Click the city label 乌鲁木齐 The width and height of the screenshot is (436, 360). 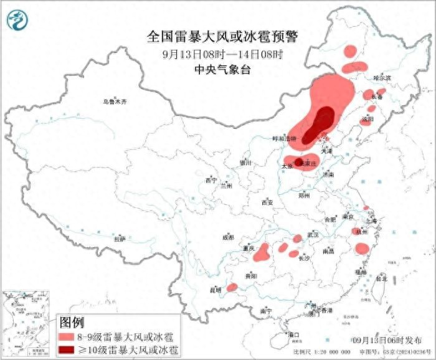click(115, 102)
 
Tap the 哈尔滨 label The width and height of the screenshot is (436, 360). click(382, 78)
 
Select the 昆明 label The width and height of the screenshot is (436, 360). click(215, 290)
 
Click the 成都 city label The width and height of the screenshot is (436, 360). click(228, 237)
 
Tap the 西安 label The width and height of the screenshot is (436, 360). click(267, 202)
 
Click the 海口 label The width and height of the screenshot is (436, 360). click(294, 334)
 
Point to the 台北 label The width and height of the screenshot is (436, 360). click(380, 279)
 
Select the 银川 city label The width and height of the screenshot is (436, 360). click(245, 163)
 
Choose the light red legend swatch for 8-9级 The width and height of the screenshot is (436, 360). click(65, 336)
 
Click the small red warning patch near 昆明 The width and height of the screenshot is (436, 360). click(232, 287)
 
